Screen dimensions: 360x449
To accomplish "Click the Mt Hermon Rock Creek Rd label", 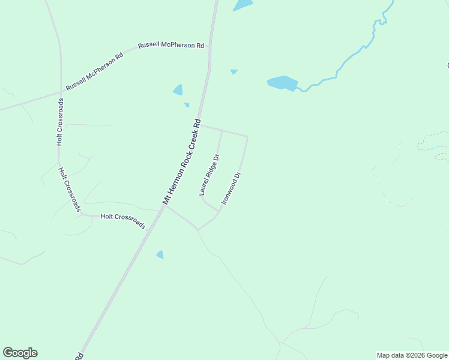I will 181,162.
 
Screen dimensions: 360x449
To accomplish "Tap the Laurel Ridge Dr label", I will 209,175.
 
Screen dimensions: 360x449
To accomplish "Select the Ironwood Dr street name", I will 231,188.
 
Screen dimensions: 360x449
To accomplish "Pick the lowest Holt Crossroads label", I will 123,221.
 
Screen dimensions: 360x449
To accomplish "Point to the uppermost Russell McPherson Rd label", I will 171,46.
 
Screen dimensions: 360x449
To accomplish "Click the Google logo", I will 20,353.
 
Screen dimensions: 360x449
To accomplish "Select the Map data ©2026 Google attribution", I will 412,355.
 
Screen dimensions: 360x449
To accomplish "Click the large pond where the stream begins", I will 282,83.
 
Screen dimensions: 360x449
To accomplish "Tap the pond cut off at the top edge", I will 243,5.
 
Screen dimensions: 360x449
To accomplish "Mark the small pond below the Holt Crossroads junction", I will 160,254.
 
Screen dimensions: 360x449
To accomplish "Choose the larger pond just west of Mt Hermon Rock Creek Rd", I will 178,90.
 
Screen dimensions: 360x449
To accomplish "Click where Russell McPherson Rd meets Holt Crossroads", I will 61,92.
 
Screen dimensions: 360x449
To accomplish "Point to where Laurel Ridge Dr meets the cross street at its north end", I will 222,131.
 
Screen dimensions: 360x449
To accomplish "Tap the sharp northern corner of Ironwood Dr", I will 247,137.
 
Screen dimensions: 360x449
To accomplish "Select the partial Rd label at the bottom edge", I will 79,356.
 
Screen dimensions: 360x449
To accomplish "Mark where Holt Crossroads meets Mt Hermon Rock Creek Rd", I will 165,206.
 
